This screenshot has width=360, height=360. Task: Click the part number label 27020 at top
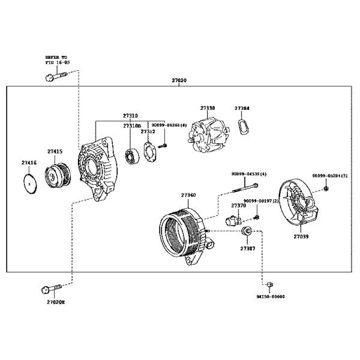pos(179,80)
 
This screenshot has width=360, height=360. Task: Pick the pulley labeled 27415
pos(58,173)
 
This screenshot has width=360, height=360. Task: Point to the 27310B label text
pos(131,126)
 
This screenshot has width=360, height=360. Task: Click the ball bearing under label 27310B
pos(132,156)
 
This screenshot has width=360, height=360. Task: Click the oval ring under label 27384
pos(242,128)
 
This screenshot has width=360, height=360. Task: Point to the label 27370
pos(238,206)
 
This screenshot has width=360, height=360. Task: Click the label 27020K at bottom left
pos(55,302)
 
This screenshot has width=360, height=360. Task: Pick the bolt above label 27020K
pos(52,289)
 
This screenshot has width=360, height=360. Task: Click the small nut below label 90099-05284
pos(326,189)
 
